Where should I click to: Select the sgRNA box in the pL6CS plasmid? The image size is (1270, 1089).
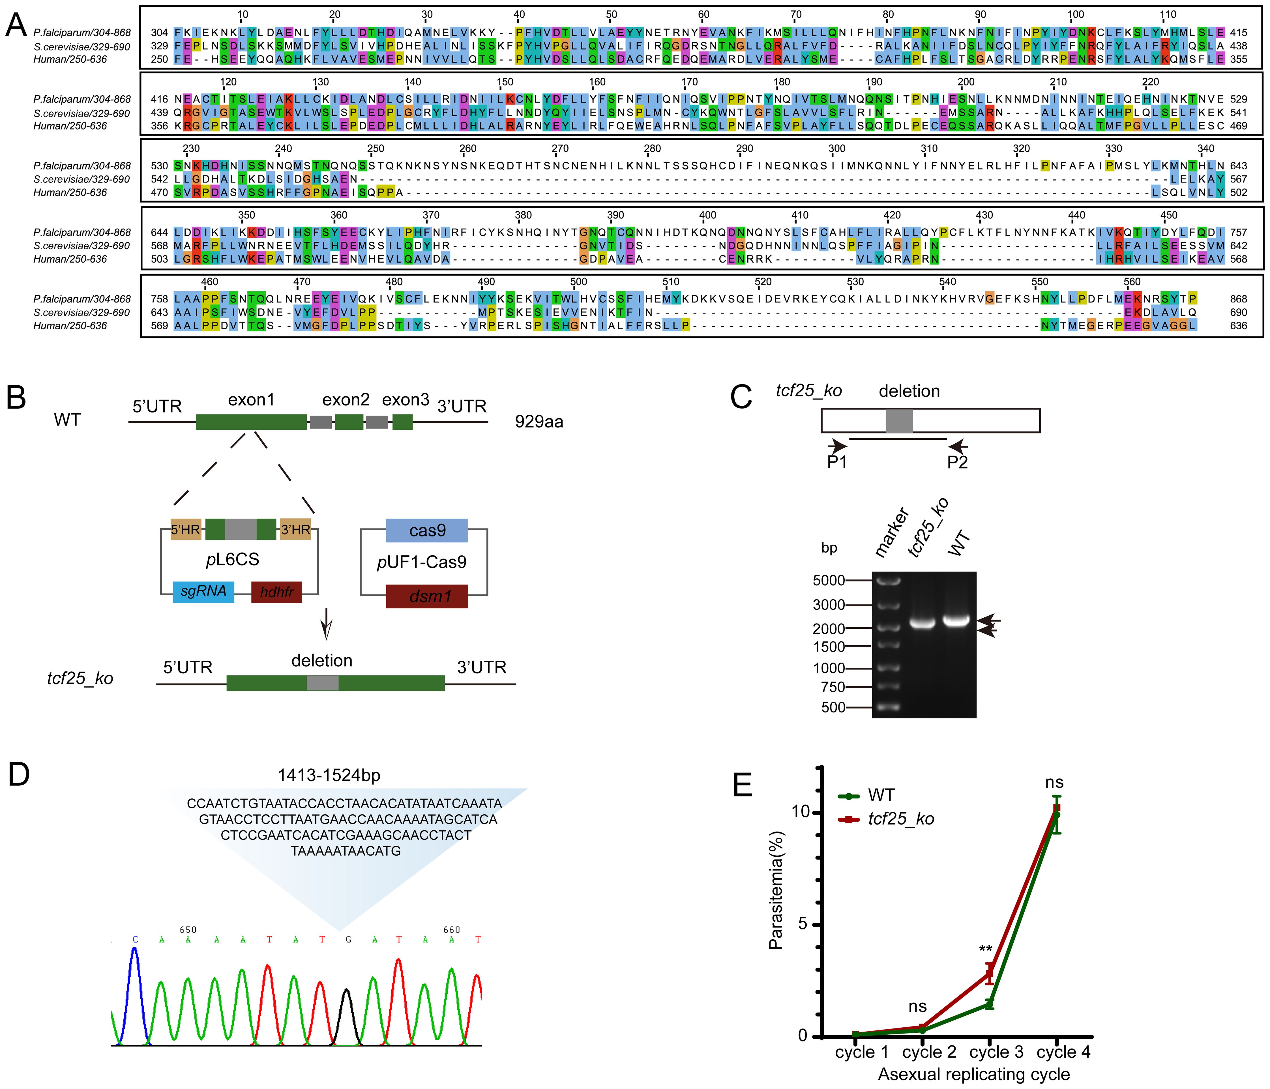point(203,591)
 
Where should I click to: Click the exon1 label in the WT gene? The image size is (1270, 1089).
point(251,400)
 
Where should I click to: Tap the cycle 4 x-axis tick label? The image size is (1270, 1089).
point(1063,1052)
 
